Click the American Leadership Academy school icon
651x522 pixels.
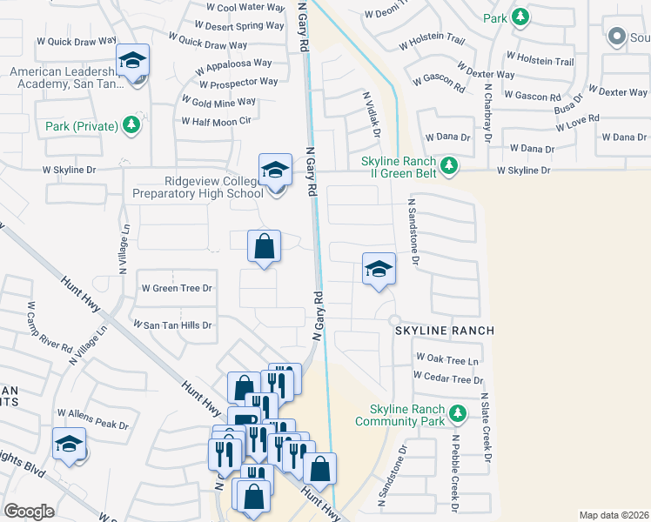(132, 62)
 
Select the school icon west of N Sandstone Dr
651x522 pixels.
(379, 270)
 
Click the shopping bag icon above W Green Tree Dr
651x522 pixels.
(265, 247)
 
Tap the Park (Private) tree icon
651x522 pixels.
(131, 126)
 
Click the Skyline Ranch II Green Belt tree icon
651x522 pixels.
(448, 164)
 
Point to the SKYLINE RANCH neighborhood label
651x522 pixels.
(445, 331)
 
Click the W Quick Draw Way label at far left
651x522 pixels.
(77, 40)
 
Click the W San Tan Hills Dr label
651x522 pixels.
(171, 325)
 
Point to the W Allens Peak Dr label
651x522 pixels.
(92, 425)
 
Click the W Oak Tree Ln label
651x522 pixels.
(447, 358)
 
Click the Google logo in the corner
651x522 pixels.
(29, 512)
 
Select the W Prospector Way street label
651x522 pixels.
(238, 83)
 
